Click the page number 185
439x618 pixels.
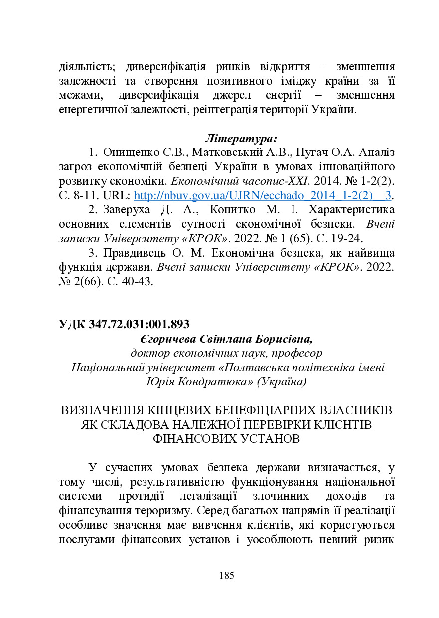pyautogui.click(x=226, y=576)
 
